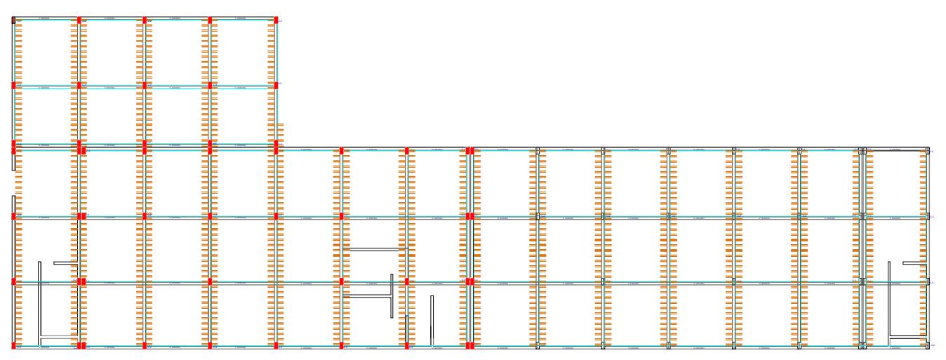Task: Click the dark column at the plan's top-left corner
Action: click(x=14, y=20)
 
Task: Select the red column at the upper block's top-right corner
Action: click(x=277, y=20)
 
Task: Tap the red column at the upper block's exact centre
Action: click(x=145, y=85)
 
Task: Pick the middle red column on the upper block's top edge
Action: click(x=145, y=20)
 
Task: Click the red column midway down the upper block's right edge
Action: click(x=277, y=85)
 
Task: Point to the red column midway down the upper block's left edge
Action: click(x=14, y=85)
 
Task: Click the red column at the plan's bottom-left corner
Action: click(x=14, y=345)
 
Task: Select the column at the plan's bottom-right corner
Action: click(x=928, y=345)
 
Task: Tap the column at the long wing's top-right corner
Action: click(x=928, y=150)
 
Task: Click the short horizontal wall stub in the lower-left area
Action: click(x=65, y=262)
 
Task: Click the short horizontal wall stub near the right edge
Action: click(x=914, y=263)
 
